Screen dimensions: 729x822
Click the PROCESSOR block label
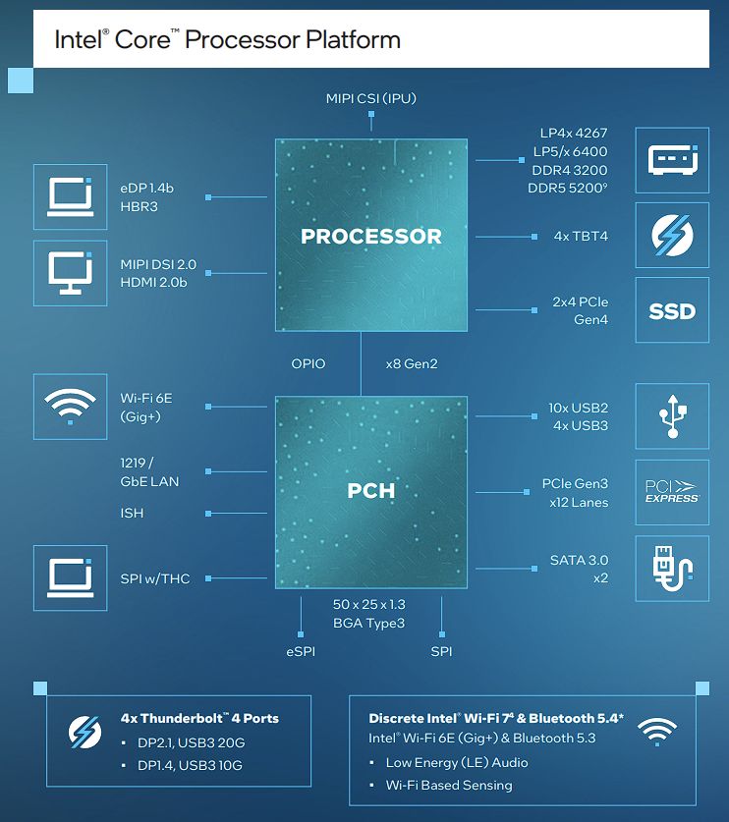(370, 237)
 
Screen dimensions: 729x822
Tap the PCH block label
(370, 491)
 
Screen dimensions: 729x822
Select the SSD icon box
(672, 310)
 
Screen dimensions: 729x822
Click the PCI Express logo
(672, 492)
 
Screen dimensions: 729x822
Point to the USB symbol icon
(672, 416)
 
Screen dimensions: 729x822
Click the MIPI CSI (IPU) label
(370, 98)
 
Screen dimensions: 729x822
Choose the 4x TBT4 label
(581, 237)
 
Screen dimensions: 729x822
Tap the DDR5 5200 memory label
(568, 188)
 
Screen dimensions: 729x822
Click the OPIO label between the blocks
(308, 363)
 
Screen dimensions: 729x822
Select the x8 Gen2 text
(412, 363)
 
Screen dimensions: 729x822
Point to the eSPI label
(301, 652)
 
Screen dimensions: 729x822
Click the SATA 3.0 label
(579, 561)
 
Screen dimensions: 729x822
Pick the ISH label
(132, 514)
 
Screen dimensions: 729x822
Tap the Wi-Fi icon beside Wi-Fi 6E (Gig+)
(71, 407)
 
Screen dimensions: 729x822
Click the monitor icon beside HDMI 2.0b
(71, 273)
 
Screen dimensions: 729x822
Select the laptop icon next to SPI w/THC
(71, 578)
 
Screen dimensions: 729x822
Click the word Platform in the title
(353, 40)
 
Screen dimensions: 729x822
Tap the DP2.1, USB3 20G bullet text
(191, 742)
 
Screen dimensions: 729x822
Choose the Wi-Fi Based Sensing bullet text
(449, 786)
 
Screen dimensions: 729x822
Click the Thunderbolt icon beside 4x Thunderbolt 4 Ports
(84, 733)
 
